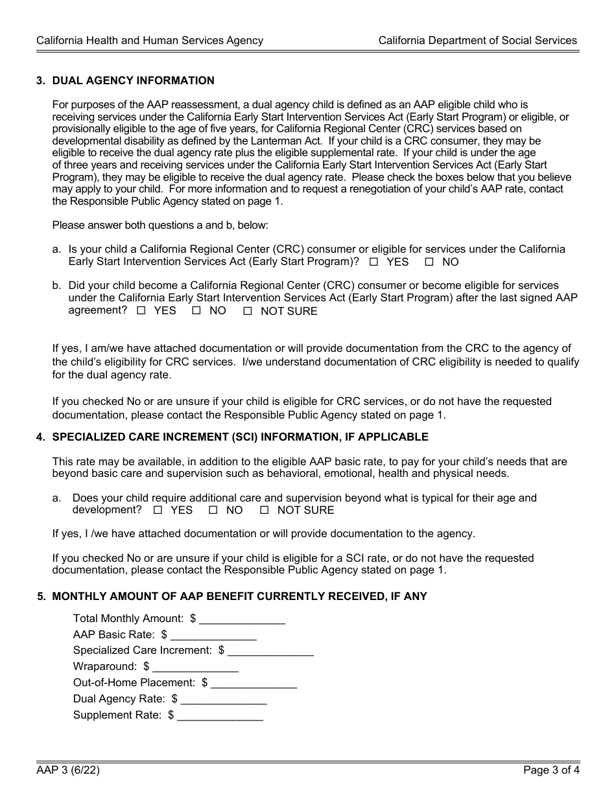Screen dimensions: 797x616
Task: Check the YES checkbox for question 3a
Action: pyautogui.click(x=373, y=262)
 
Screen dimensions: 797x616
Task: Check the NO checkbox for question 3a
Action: pyautogui.click(x=429, y=262)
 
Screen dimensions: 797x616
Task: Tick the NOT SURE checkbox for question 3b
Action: pyautogui.click(x=247, y=311)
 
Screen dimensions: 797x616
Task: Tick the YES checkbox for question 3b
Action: pyautogui.click(x=141, y=311)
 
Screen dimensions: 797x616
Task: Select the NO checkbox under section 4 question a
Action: pyautogui.click(x=213, y=510)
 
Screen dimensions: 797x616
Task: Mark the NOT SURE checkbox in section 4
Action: pyautogui.click(x=264, y=510)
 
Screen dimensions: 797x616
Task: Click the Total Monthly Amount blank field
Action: pyautogui.click(x=242, y=619)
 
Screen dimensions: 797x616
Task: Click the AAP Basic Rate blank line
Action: pyautogui.click(x=213, y=635)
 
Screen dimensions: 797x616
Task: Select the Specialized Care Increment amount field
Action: pyautogui.click(x=270, y=651)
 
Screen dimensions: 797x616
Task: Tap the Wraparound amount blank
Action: pyautogui.click(x=195, y=667)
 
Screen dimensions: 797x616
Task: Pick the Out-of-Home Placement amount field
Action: pyautogui.click(x=254, y=683)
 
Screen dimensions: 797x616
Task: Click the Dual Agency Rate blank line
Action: pyautogui.click(x=224, y=699)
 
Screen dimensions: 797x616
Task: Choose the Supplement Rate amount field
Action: pyautogui.click(x=220, y=715)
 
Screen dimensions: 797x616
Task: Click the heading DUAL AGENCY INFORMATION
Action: pyautogui.click(x=133, y=81)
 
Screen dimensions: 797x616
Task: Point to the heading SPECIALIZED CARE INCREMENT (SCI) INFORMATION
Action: pyautogui.click(x=240, y=437)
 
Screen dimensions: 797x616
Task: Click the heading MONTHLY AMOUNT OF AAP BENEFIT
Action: pyautogui.click(x=239, y=596)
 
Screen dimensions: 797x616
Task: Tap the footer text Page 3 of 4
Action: pyautogui.click(x=551, y=771)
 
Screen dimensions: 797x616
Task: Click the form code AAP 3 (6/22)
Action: pyautogui.click(x=68, y=771)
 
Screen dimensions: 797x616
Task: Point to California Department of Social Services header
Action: pyautogui.click(x=477, y=40)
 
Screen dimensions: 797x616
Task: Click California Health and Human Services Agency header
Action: pyautogui.click(x=150, y=40)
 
